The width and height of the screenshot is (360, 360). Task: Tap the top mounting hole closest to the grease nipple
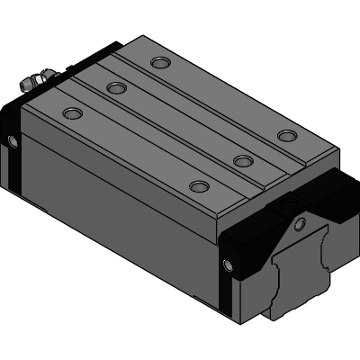click(x=71, y=113)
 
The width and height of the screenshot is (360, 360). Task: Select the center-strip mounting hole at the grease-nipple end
click(x=115, y=87)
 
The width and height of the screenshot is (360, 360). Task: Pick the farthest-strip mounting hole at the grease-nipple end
click(x=160, y=62)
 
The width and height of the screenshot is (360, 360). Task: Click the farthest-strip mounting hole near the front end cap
click(x=286, y=135)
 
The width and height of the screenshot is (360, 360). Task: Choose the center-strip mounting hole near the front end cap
click(x=241, y=160)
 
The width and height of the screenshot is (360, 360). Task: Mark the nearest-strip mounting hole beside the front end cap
click(x=197, y=186)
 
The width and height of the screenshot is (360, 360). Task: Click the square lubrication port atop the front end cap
click(x=291, y=208)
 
